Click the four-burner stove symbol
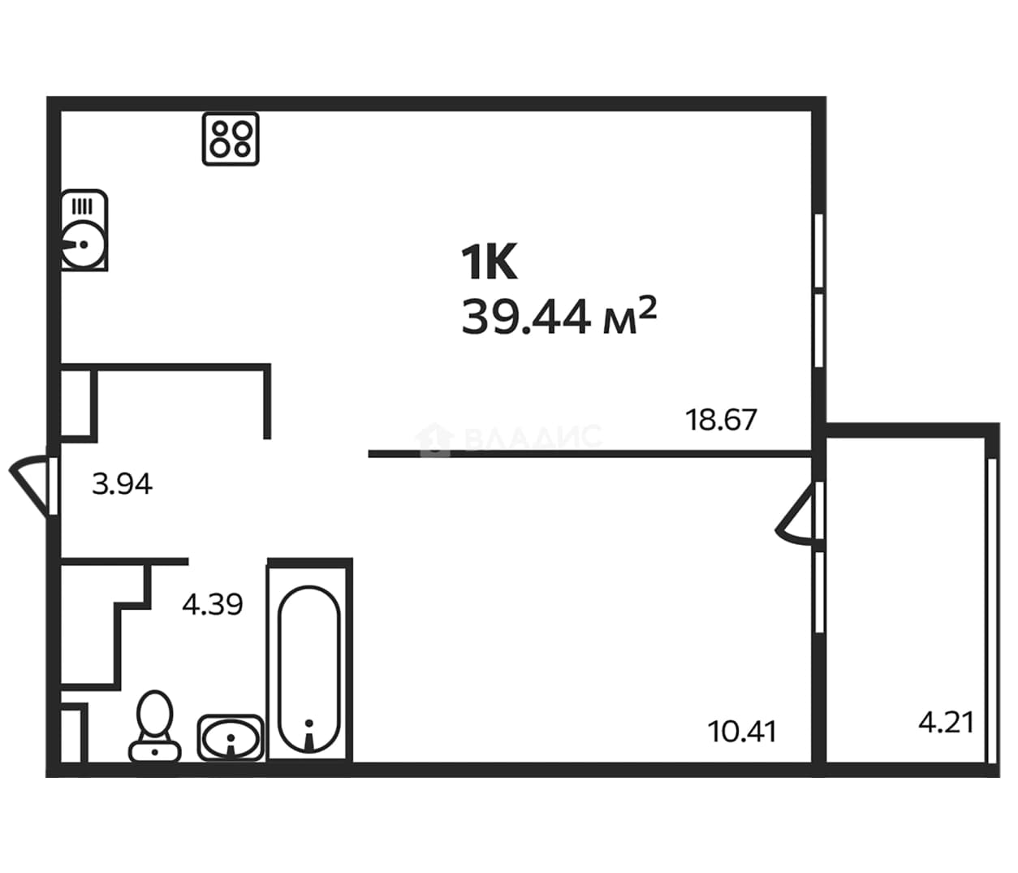tap(231, 139)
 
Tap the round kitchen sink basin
tap(84, 244)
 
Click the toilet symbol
tap(154, 727)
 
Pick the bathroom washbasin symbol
tap(231, 738)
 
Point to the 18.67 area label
tap(721, 420)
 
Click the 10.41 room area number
tap(742, 732)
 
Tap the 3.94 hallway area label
tap(122, 484)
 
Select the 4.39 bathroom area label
tap(212, 604)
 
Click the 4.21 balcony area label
tap(946, 724)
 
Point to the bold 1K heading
tap(489, 261)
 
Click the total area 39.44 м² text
tap(559, 316)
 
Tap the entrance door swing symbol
tap(29, 486)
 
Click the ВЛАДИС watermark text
tap(533, 437)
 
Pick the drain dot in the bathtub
tap(308, 724)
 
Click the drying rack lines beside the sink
tap(82, 207)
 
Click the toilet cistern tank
tap(154, 752)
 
